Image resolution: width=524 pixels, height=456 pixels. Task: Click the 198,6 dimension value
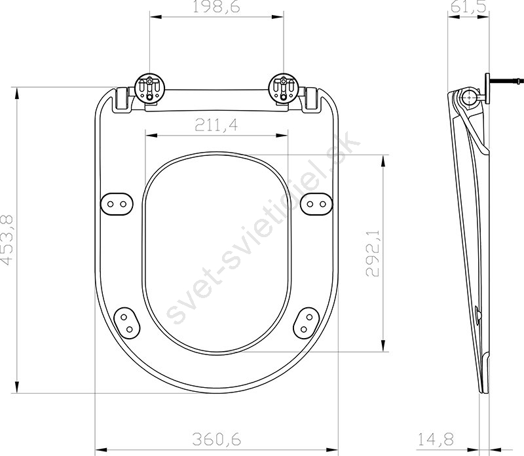pyautogui.click(x=217, y=7)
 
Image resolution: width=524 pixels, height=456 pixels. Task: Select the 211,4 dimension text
pyautogui.click(x=216, y=125)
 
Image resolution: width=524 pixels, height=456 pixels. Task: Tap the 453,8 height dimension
pyautogui.click(x=7, y=240)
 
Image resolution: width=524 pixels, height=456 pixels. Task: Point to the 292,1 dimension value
pyautogui.click(x=373, y=253)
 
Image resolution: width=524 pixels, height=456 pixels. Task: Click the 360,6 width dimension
pyautogui.click(x=217, y=439)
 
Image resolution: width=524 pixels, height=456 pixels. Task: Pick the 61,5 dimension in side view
pyautogui.click(x=468, y=7)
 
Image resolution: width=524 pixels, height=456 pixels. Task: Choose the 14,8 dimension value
pyautogui.click(x=436, y=439)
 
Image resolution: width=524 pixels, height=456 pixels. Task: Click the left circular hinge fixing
pyautogui.click(x=149, y=88)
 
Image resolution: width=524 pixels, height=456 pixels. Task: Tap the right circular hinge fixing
pyautogui.click(x=284, y=88)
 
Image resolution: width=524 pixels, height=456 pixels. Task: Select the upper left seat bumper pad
pyautogui.click(x=117, y=204)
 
